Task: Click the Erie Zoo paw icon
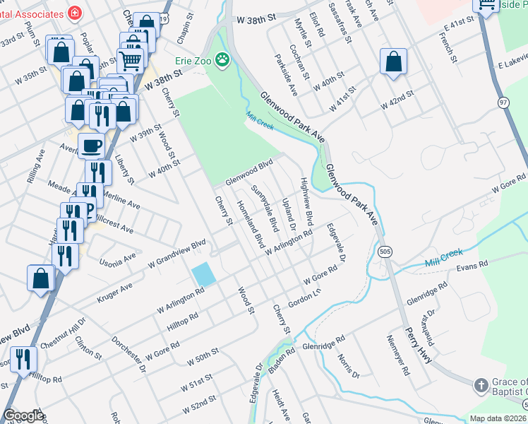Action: (x=223, y=59)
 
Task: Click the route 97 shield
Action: (x=503, y=103)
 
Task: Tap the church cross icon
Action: (x=480, y=385)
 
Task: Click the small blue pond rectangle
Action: (x=203, y=273)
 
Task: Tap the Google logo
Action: (x=23, y=416)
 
